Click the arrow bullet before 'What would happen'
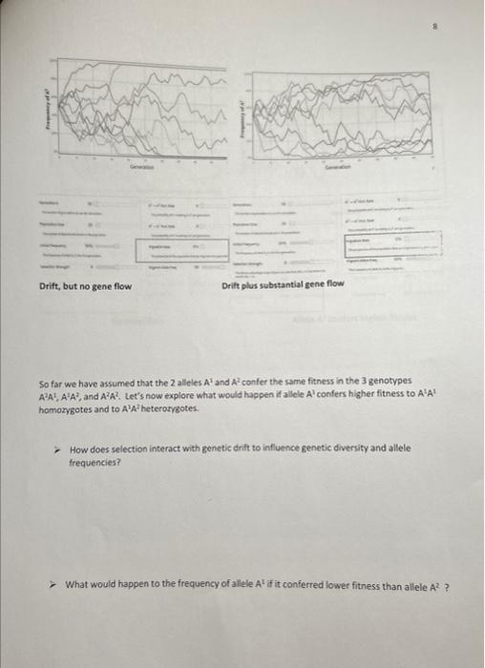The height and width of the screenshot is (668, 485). coord(57,585)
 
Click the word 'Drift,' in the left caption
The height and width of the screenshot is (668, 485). coord(52,285)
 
